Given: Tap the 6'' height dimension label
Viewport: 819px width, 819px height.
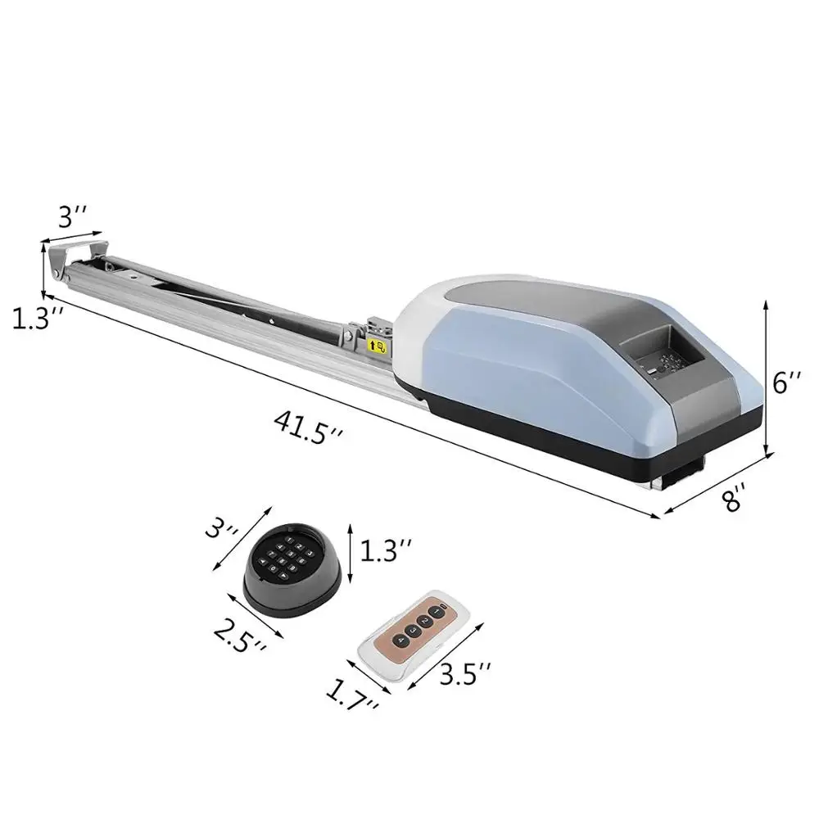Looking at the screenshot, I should (x=789, y=382).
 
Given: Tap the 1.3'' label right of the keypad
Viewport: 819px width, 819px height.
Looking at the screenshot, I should (x=385, y=550).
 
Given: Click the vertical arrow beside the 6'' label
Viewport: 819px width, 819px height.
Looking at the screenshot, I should (x=767, y=377).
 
